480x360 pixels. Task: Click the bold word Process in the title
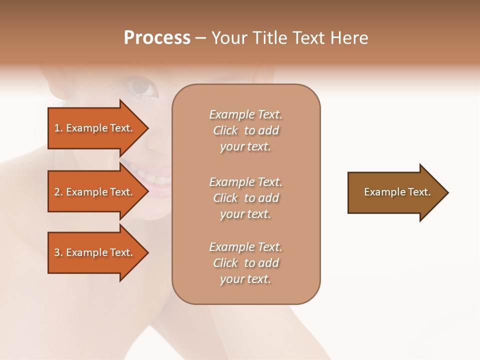157,38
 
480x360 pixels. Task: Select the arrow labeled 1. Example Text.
95,128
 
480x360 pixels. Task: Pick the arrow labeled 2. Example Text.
95,192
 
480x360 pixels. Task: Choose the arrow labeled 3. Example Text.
95,252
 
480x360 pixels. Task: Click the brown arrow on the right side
395,192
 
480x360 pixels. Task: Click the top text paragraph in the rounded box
245,130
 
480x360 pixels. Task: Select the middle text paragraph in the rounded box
245,198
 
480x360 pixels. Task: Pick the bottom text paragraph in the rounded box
245,263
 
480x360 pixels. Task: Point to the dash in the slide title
201,38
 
